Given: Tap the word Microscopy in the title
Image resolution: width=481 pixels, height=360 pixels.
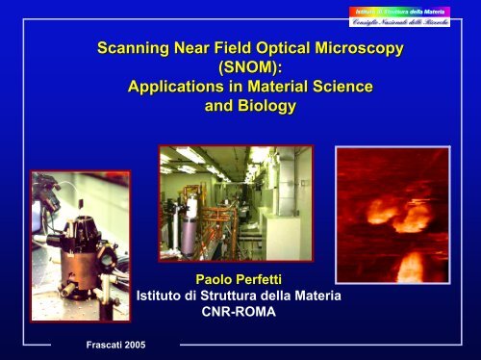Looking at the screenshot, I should (x=356, y=47).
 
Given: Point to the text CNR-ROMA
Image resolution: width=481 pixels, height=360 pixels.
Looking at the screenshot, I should (x=241, y=313).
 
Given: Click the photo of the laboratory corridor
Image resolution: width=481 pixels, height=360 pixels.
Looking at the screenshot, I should (x=235, y=203).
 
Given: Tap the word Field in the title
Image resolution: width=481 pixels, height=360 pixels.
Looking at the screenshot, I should (x=215, y=47).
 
